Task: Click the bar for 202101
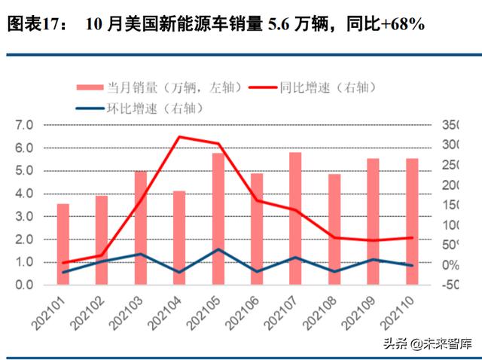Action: [x=63, y=244]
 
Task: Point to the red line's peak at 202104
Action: [x=178, y=137]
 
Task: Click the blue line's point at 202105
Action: [x=218, y=249]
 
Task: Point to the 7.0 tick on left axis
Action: [x=24, y=125]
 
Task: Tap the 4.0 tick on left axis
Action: [x=24, y=194]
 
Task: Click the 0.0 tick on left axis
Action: [x=24, y=285]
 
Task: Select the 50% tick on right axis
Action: [x=452, y=246]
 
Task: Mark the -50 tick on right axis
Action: [x=452, y=285]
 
